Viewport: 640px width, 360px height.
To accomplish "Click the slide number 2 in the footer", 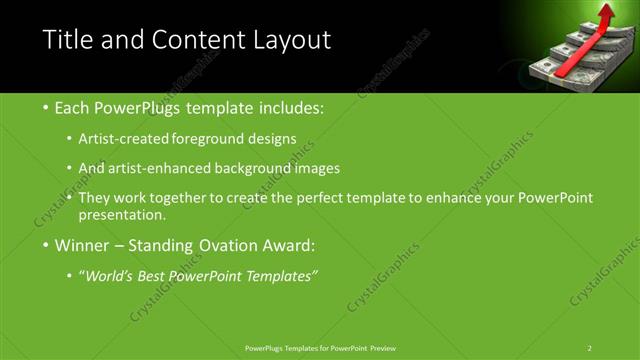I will click(x=589, y=347).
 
